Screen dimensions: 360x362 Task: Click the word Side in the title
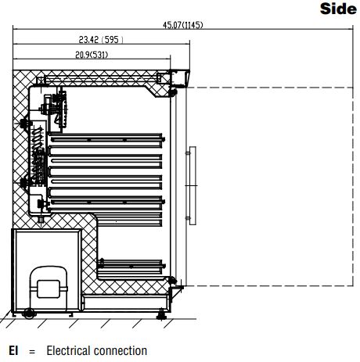[338, 9]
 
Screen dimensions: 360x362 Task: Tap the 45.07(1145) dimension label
[182, 25]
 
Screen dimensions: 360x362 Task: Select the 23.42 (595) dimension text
[101, 40]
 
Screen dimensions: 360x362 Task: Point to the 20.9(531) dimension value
[92, 55]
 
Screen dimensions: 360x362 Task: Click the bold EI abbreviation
[13, 350]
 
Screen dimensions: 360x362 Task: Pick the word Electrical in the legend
[69, 350]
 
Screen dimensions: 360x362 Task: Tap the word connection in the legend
[121, 351]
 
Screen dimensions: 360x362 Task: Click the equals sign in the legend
[32, 352]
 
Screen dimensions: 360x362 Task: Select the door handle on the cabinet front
[193, 185]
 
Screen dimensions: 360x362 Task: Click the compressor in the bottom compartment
[49, 289]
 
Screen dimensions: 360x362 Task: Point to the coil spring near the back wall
[37, 138]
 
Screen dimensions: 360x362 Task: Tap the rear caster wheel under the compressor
[28, 314]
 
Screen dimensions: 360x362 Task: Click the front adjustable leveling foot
[161, 315]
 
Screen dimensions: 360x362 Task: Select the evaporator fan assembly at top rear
[54, 109]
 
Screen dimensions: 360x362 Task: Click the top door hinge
[172, 91]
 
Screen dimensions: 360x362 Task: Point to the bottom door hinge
[172, 281]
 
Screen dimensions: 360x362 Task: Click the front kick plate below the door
[125, 303]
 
